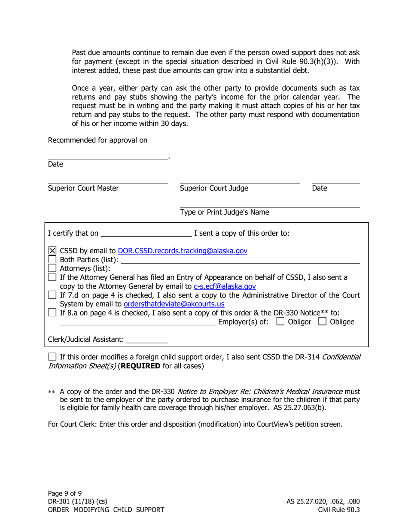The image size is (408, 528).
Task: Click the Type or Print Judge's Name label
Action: pyautogui.click(x=224, y=212)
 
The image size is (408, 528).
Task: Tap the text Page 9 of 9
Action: pyautogui.click(x=64, y=493)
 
